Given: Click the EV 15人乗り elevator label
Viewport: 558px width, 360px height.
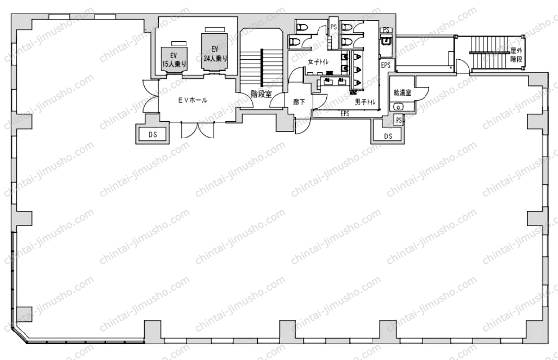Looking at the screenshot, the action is [x=174, y=60].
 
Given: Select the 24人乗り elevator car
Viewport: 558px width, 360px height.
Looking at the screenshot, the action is [x=215, y=52].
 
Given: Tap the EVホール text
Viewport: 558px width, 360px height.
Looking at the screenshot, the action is [x=193, y=100].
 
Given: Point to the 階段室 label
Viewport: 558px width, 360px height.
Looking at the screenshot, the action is [x=261, y=94].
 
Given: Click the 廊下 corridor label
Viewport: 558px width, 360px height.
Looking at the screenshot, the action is [x=299, y=102].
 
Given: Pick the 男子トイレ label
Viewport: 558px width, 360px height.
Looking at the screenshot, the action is [x=365, y=102].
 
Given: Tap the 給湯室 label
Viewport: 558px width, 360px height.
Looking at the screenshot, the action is [x=402, y=92].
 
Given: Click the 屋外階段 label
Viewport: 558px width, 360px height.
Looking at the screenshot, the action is [x=516, y=55].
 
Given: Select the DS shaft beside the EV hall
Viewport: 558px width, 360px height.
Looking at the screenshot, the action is [x=153, y=134].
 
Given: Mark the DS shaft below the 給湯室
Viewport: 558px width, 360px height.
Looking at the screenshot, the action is [x=388, y=136].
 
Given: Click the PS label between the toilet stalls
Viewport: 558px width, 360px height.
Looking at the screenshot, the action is [x=333, y=27].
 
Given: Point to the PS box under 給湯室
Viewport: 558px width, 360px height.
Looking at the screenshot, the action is [x=399, y=120].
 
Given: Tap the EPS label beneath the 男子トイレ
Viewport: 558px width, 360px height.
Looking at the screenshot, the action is [x=345, y=114].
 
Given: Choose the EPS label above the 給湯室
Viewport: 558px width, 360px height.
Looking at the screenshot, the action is [x=386, y=65].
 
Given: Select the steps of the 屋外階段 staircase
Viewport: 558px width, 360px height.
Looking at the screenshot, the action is [x=489, y=53].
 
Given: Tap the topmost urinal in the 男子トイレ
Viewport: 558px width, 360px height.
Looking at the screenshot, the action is [x=357, y=57].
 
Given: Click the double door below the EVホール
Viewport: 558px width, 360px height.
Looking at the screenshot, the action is [x=197, y=130].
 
